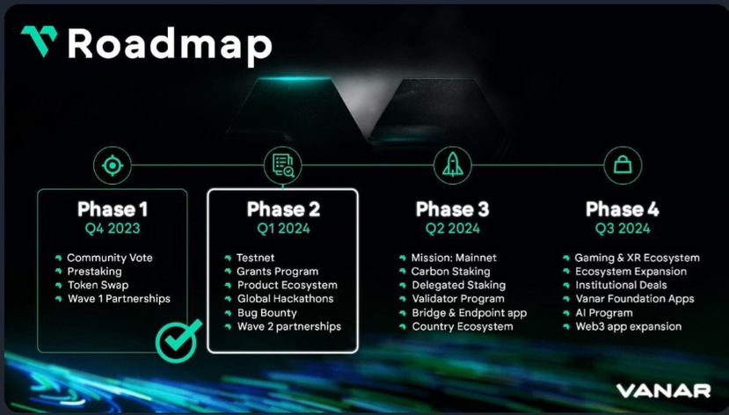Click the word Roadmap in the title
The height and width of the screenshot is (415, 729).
point(170,44)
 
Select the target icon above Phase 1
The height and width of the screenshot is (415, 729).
point(113,165)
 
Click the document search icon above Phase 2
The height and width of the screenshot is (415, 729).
point(282,165)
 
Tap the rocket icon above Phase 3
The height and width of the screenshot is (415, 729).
point(452,165)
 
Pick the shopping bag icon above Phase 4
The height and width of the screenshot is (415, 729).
point(622,165)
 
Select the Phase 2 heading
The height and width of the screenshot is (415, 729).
point(282,209)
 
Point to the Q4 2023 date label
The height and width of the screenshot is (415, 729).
point(113,229)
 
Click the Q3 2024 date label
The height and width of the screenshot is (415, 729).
point(622,229)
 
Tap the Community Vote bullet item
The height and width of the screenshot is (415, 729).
point(109,258)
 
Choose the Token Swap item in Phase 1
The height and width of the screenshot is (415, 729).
point(97,285)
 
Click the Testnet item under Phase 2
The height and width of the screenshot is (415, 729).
point(255,258)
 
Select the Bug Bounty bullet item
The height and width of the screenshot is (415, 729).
point(266,313)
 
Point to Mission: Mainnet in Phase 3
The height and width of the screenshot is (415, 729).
point(454,258)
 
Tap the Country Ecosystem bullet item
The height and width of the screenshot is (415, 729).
point(462,326)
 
